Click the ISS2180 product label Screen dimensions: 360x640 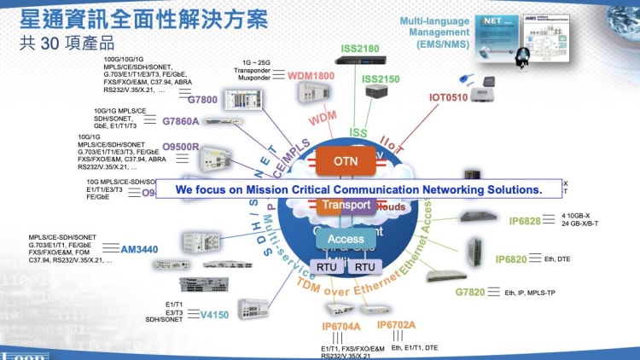[360, 49]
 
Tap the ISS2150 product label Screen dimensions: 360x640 [381, 79]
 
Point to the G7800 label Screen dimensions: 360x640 [202, 100]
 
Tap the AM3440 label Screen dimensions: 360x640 [139, 249]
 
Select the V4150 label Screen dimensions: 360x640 [214, 315]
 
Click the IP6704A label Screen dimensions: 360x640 [341, 327]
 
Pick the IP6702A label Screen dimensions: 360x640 [396, 325]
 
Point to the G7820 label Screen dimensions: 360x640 [470, 293]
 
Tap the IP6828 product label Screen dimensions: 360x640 [525, 222]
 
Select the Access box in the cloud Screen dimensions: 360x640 [346, 240]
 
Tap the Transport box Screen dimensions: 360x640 [346, 205]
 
